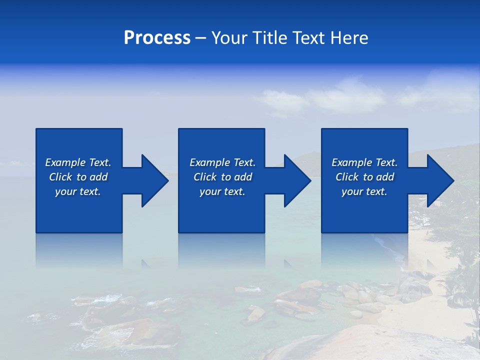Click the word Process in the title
tap(157, 38)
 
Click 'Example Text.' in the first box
tap(78, 162)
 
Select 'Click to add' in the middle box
tap(222, 177)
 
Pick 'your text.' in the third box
tap(364, 191)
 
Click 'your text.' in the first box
tap(78, 191)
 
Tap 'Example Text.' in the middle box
tap(222, 162)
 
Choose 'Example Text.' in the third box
tap(364, 162)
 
